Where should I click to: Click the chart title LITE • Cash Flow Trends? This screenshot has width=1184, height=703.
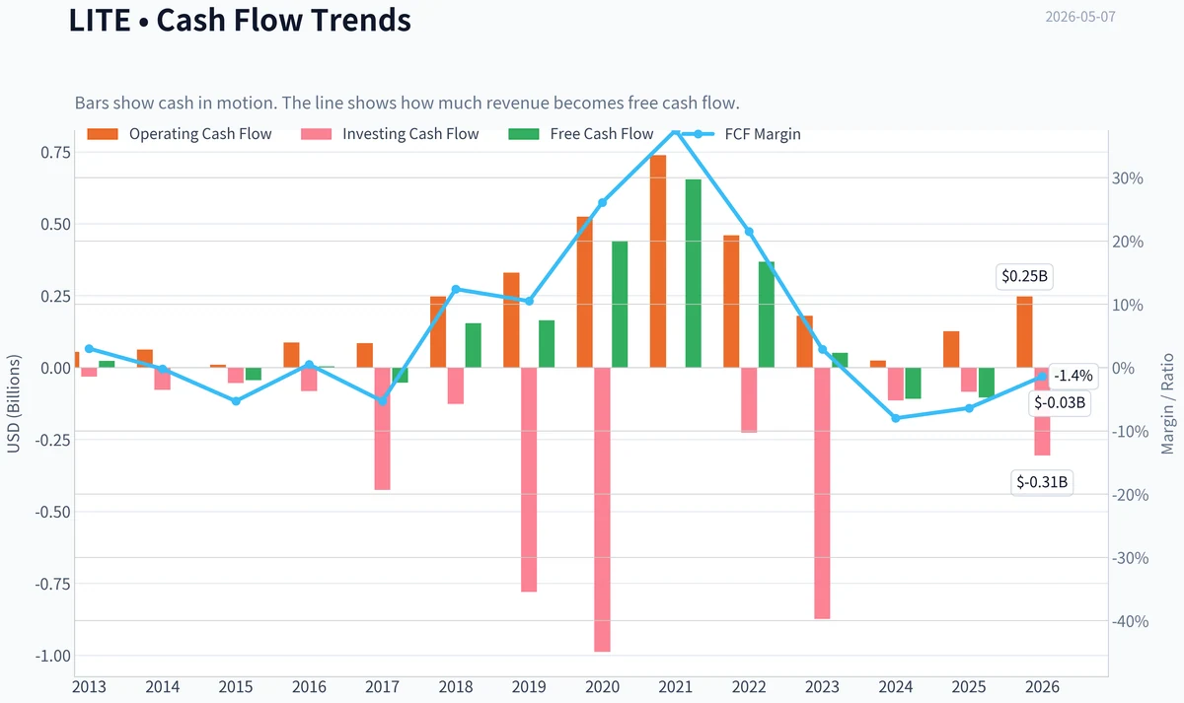point(240,20)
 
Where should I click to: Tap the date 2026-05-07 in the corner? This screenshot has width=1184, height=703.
point(1080,17)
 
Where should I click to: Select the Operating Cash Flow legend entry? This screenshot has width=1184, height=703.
point(180,134)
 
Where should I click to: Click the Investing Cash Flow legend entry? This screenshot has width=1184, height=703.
point(390,134)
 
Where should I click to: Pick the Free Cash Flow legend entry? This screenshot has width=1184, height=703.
point(580,134)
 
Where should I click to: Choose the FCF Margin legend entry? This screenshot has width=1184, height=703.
point(741,134)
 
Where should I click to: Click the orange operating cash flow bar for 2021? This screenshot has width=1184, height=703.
point(658,261)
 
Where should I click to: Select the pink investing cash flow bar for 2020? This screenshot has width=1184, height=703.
point(602,510)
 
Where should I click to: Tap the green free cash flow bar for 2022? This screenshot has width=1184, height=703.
point(767,315)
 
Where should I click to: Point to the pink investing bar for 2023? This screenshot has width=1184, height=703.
point(822,493)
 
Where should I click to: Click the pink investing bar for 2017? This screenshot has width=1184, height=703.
point(382,429)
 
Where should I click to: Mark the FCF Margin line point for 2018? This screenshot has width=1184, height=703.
point(456,290)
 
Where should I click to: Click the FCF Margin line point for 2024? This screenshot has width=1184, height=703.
point(896,418)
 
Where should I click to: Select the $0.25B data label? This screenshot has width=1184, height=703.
point(1024,276)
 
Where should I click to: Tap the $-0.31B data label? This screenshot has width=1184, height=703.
point(1042,482)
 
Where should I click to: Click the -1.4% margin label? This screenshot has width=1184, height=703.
point(1073,376)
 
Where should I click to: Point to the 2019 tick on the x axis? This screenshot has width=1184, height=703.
point(529,687)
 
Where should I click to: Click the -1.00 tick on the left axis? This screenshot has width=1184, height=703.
point(52,656)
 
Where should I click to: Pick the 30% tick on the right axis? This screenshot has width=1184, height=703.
point(1128,178)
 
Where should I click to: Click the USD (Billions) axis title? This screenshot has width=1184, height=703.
point(13,404)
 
